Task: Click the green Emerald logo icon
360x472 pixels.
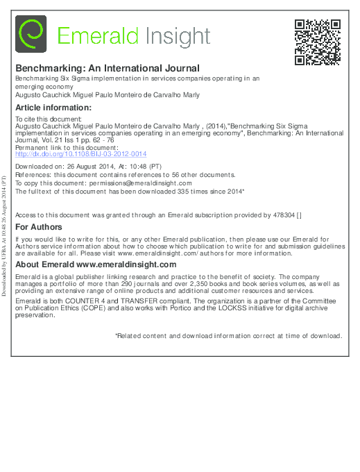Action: coord(31,35)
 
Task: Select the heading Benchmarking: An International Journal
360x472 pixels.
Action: coord(108,68)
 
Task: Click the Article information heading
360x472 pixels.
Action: coord(53,108)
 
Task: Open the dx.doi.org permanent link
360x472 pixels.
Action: coord(80,154)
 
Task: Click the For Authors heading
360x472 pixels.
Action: coord(39,227)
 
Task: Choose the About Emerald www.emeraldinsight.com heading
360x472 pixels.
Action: coord(96,264)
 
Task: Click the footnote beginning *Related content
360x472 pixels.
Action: coord(228,335)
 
